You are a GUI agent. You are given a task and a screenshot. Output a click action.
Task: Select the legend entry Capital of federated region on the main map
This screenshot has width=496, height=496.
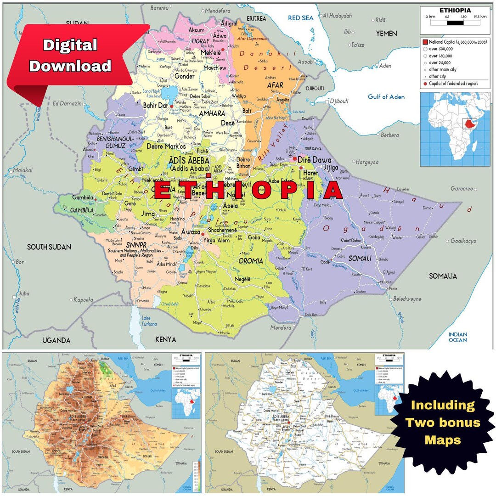(x=452, y=84)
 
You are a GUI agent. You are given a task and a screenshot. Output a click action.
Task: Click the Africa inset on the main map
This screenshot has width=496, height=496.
(x=455, y=129)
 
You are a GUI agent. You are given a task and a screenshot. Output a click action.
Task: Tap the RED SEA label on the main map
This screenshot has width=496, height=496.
(x=300, y=18)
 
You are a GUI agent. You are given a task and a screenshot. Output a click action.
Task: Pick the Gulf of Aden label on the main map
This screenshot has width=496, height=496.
(x=386, y=96)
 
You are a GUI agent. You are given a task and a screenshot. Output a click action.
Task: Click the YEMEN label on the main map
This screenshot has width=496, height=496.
(x=386, y=34)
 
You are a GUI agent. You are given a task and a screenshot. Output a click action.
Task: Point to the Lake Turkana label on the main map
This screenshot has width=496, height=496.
(x=149, y=321)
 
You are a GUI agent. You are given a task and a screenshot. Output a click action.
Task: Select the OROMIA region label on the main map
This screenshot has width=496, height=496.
(x=251, y=261)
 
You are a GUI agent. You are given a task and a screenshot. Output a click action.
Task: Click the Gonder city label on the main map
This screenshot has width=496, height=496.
(x=184, y=76)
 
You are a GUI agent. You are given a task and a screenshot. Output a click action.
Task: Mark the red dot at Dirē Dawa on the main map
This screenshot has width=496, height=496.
(x=294, y=158)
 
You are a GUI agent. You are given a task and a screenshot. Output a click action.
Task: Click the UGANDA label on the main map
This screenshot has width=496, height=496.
(x=56, y=340)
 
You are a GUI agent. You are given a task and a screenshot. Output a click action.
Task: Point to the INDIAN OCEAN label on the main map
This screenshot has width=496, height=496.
(x=457, y=337)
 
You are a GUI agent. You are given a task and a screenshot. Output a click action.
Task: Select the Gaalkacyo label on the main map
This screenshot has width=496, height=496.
(x=463, y=241)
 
